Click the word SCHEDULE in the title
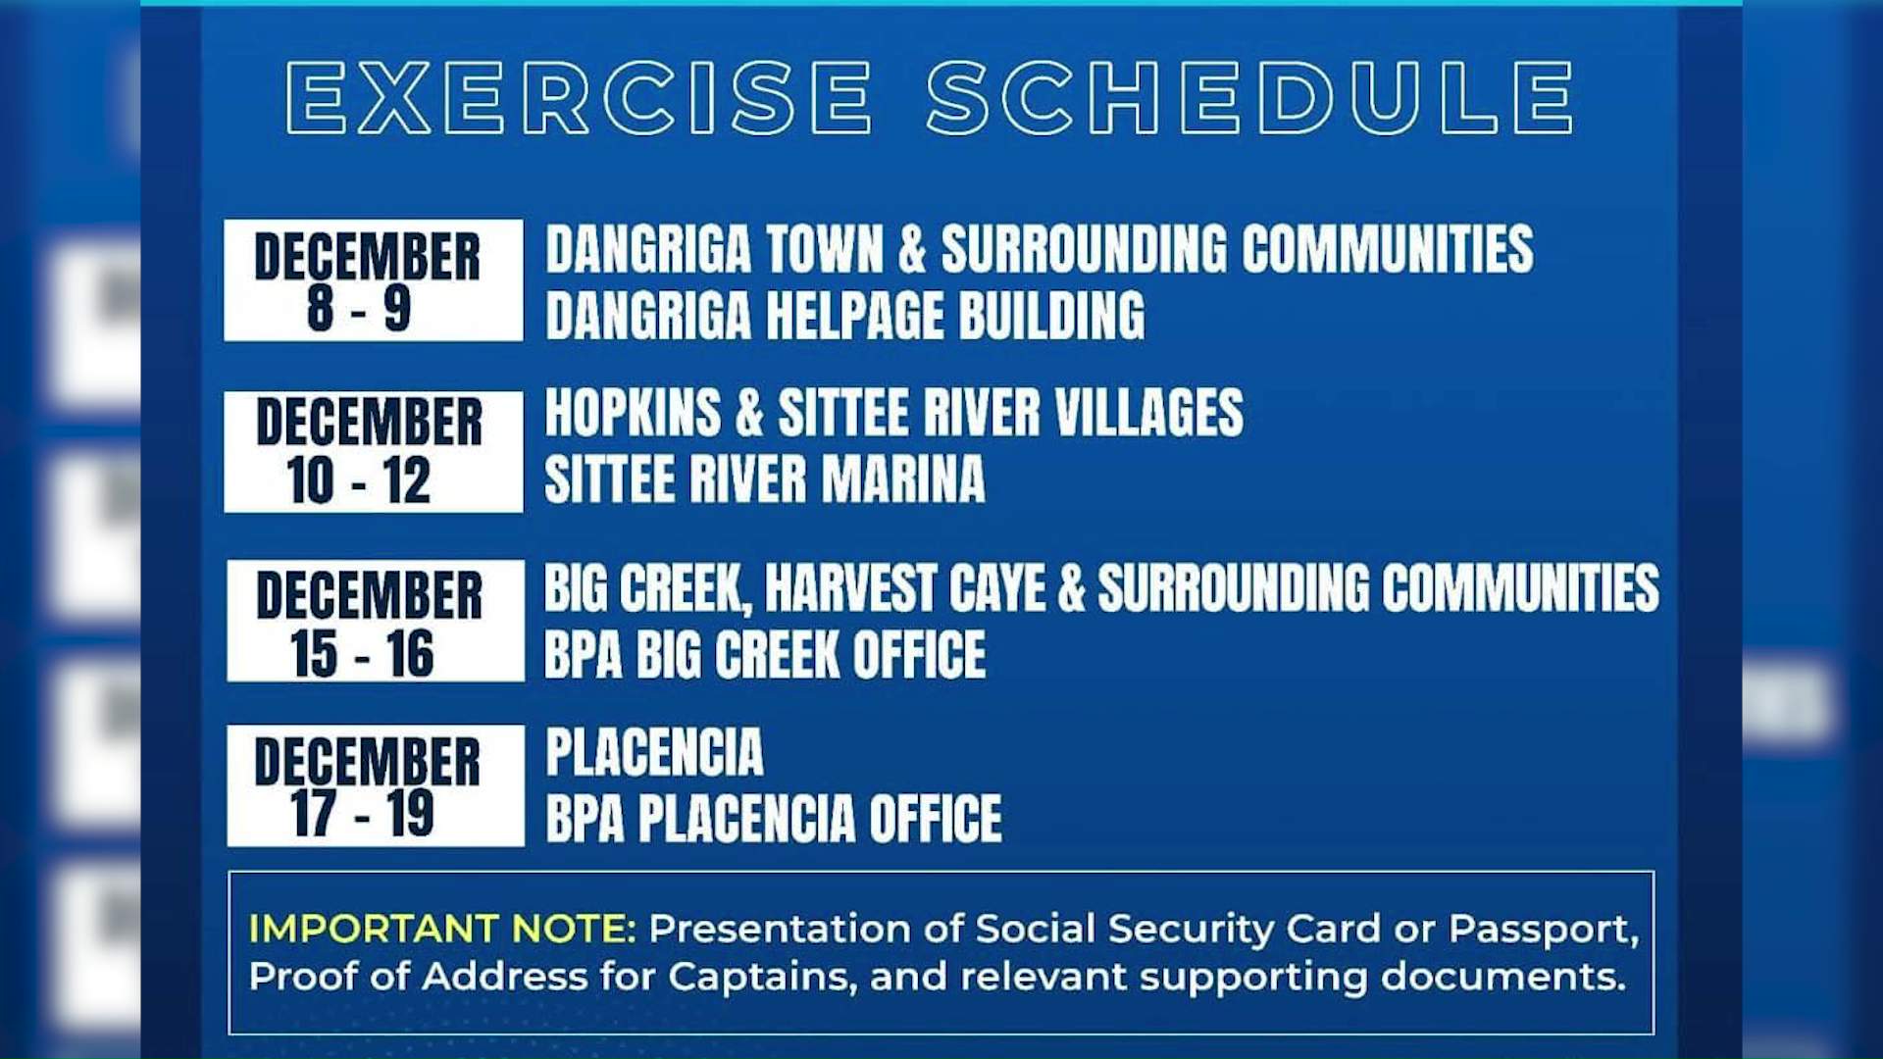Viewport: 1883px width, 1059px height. pos(1249,98)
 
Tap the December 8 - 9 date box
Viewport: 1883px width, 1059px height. pos(373,280)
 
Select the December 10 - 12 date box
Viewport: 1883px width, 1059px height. pos(373,452)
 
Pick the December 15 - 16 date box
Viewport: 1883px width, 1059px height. pos(375,621)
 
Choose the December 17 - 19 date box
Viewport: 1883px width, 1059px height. pos(375,785)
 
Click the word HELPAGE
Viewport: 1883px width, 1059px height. pos(854,316)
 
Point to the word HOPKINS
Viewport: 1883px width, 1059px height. pos(633,413)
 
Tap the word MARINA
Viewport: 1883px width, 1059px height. pos(902,479)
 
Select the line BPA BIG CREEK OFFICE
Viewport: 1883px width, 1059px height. pos(765,655)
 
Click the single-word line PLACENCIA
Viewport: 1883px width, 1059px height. pos(654,753)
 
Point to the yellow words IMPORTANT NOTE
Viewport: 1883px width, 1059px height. pos(442,929)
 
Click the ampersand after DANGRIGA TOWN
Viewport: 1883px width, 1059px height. pos(912,249)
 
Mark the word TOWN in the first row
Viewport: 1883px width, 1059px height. pos(825,249)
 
